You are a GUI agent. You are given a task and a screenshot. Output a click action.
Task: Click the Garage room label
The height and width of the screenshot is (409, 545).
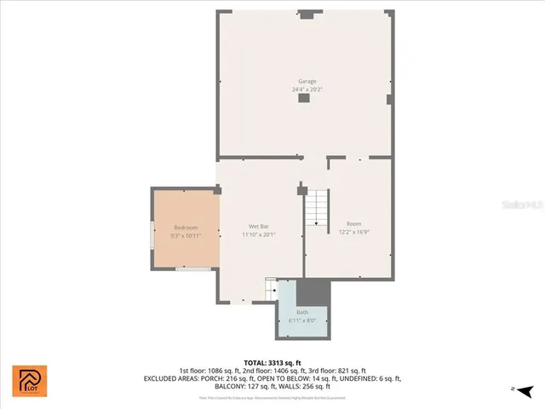tap(307, 81)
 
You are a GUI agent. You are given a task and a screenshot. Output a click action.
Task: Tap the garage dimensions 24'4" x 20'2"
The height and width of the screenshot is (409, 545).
tap(307, 89)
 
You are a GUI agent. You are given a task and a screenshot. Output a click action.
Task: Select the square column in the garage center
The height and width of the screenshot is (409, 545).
tap(304, 99)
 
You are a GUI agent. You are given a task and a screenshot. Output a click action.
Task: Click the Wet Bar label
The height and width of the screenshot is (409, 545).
tap(259, 226)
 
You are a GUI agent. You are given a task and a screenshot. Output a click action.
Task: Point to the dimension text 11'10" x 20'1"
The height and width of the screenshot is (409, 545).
tap(259, 233)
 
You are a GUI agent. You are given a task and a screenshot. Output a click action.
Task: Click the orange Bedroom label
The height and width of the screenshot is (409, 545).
tap(186, 228)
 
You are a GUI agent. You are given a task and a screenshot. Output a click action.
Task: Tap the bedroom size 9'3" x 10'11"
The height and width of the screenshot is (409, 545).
tap(186, 235)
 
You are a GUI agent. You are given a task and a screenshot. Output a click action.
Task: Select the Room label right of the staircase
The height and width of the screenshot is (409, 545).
tap(353, 224)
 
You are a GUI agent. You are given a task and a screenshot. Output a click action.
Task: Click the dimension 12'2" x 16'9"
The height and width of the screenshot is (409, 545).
tap(353, 232)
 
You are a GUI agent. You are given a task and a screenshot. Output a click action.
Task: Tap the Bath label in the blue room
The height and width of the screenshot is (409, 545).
tap(302, 313)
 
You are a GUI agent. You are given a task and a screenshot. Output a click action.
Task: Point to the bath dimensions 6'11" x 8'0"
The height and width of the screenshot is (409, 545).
tap(302, 320)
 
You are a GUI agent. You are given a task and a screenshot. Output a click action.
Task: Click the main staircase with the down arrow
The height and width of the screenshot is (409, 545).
tap(317, 207)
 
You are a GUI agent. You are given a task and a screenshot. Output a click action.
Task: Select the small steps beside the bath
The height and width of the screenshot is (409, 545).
tap(272, 290)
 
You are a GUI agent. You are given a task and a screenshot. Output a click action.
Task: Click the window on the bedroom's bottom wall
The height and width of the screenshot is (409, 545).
tap(198, 269)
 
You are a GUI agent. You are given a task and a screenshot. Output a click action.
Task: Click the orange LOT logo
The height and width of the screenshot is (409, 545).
tap(30, 381)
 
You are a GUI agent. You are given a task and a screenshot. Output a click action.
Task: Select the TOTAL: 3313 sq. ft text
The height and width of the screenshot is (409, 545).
tap(272, 363)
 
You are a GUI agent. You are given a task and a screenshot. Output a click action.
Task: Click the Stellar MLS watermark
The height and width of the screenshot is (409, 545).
tap(524, 204)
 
